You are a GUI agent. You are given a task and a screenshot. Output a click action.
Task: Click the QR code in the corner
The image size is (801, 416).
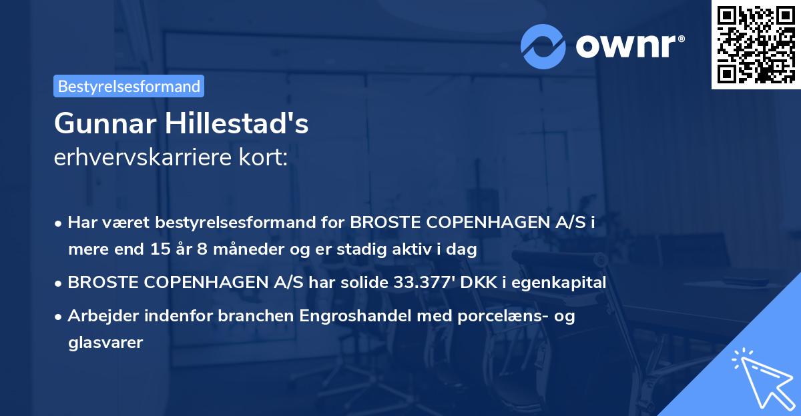[x=756, y=44]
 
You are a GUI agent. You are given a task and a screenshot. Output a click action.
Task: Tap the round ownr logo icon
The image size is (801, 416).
[x=544, y=46]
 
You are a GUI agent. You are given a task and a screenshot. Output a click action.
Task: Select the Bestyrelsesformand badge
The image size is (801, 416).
[x=129, y=86]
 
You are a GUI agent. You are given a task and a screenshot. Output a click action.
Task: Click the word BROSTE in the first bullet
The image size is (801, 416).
[x=386, y=223]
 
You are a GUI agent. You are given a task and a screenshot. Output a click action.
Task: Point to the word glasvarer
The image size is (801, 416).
[x=105, y=343]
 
